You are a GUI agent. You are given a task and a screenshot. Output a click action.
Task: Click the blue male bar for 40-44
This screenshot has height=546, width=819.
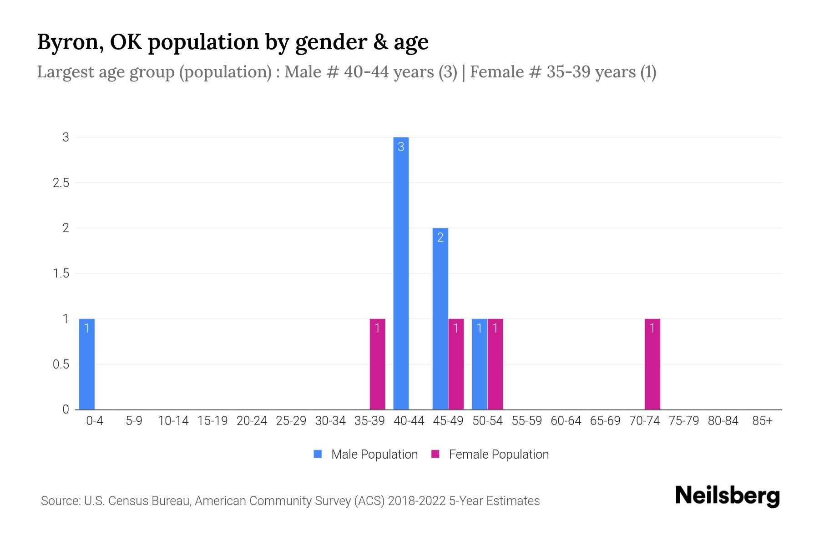coord(401,273)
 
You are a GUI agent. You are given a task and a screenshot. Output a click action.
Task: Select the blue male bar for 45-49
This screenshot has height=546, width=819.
coord(440,318)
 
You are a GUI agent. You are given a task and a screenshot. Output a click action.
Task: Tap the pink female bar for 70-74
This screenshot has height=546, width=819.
coord(652,364)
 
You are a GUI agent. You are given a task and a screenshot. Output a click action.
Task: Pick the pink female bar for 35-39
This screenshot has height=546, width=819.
coord(377,364)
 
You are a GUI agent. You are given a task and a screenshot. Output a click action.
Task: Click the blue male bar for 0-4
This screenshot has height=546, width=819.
coord(86,364)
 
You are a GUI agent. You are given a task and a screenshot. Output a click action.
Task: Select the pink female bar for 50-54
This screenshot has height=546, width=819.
coord(495,364)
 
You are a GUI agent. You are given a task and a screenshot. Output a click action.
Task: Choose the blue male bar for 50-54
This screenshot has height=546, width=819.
coord(479,364)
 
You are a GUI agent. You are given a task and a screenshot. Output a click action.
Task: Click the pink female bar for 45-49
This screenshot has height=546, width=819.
coord(456,364)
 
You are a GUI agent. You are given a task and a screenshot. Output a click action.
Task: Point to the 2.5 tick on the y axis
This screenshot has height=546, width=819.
coord(61,183)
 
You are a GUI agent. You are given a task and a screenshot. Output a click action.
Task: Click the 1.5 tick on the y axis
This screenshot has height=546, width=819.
coord(61,273)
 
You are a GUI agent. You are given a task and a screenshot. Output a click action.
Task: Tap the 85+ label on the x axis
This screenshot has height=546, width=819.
coord(762,421)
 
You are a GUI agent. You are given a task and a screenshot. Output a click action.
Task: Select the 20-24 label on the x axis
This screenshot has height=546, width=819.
coord(252,421)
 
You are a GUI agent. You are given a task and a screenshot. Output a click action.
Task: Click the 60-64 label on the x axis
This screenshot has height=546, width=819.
coord(566,421)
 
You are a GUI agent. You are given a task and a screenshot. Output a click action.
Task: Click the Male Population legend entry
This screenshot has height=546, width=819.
coord(374,455)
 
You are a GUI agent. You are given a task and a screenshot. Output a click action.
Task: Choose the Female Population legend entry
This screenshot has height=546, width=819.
coord(498,455)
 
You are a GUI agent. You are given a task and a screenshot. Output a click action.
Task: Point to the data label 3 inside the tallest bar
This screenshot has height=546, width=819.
coord(401,147)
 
